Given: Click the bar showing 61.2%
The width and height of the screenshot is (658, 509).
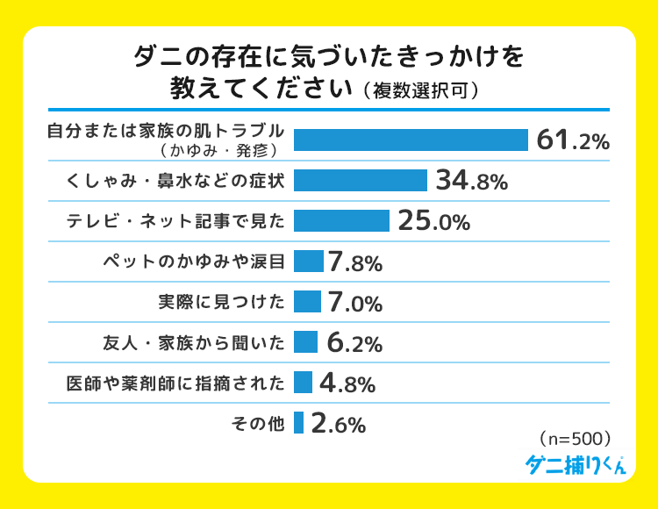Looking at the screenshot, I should (x=411, y=140).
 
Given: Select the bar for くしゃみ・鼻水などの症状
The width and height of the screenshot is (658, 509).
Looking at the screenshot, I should (x=361, y=181).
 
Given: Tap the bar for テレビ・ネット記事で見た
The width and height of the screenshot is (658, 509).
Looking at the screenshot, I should (x=341, y=221).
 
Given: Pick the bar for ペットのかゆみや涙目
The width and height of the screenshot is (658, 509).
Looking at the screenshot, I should (x=309, y=262).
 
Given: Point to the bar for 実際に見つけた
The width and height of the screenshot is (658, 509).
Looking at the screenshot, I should (x=307, y=302).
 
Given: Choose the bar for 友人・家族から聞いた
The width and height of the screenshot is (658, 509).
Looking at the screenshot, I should (x=305, y=342).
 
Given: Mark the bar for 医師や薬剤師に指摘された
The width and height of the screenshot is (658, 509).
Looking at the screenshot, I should (x=304, y=383).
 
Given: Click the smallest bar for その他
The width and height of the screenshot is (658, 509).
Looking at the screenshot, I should (x=299, y=423).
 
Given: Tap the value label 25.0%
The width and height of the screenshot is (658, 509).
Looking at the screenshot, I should (x=433, y=222).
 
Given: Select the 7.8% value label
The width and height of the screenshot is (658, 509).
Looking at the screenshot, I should (x=354, y=262).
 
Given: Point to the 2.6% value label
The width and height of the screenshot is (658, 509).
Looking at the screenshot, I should (x=338, y=425).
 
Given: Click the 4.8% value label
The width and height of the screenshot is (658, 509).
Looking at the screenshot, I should (x=347, y=384).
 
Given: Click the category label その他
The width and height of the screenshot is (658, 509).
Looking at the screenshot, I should (x=258, y=424).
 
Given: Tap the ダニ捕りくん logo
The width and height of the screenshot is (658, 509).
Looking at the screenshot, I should (x=575, y=464).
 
